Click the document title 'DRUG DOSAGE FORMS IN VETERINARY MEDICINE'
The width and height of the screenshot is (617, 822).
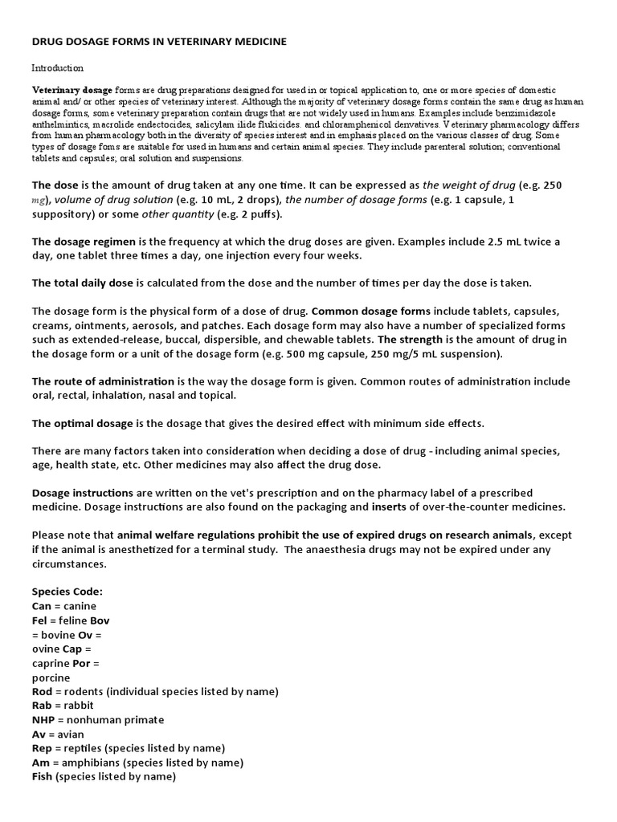pos(159,40)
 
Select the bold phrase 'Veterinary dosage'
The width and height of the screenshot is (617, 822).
pos(72,91)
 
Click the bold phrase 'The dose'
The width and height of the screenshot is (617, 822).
pos(55,185)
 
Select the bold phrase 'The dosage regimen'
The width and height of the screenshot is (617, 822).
pos(84,242)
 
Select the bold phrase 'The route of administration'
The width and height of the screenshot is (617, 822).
pos(103,381)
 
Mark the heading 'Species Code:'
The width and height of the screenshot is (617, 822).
pos(67,592)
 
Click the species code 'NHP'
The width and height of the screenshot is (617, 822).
pos(44,720)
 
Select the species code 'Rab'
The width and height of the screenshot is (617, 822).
pos(43,706)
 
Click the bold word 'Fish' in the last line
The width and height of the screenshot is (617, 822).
pos(43,777)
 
